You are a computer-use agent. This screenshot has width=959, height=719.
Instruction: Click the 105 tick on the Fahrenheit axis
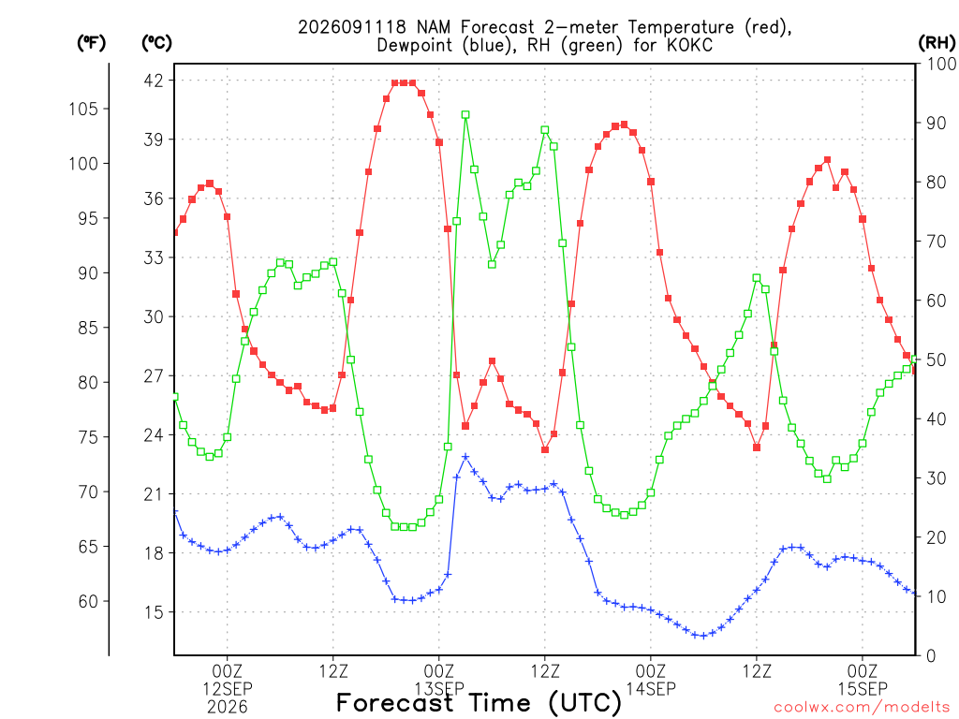click(x=83, y=109)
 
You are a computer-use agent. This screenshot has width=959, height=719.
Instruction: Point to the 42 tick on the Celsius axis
click(x=154, y=81)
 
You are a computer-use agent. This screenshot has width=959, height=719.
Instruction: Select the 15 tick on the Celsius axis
click(x=154, y=612)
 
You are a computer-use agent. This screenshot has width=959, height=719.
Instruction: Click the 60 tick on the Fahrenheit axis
click(x=88, y=602)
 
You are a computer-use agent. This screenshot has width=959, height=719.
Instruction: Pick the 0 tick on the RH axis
click(x=931, y=656)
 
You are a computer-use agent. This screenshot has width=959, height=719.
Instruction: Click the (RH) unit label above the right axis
click(x=937, y=42)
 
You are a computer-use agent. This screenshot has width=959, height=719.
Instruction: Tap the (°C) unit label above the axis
click(x=156, y=42)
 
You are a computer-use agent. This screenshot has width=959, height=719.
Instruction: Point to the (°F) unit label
click(x=91, y=42)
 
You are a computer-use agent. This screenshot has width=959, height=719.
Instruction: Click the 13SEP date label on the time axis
click(x=439, y=688)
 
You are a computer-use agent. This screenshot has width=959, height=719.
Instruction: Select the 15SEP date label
click(x=863, y=688)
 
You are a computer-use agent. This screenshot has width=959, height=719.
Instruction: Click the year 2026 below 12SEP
click(x=228, y=707)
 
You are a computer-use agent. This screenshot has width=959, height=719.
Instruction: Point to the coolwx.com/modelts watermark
click(x=862, y=707)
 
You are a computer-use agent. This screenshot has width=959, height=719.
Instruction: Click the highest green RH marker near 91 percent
click(x=465, y=115)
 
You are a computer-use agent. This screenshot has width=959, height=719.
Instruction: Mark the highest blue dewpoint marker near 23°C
click(x=465, y=457)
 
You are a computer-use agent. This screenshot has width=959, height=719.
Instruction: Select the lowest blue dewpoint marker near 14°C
click(x=703, y=636)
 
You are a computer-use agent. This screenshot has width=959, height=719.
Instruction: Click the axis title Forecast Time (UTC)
click(x=479, y=702)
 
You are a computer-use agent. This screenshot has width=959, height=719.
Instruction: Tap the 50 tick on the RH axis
click(x=937, y=359)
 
